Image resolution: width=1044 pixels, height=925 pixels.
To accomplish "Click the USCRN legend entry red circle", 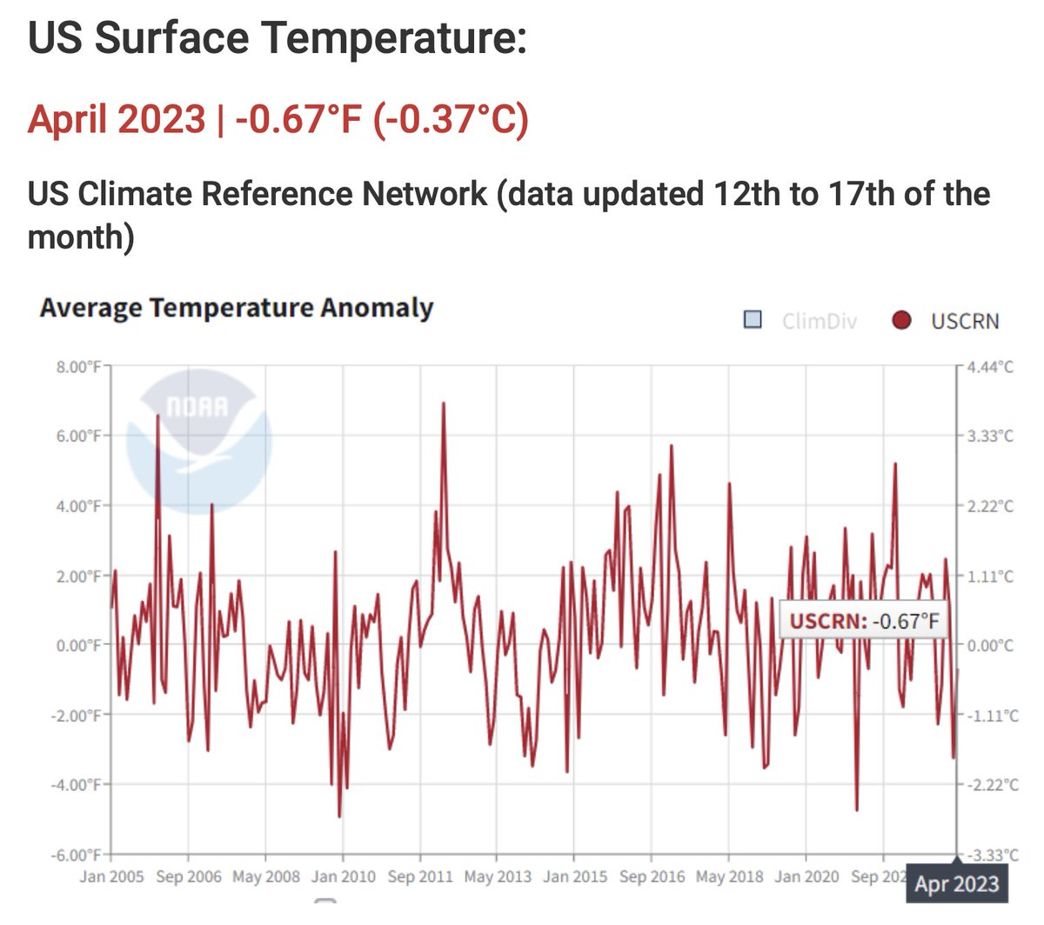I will pos(901,321).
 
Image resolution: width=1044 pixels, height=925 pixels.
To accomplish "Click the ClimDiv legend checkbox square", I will pos(753,320).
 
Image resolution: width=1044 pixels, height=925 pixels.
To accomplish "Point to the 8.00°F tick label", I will pos(79,367).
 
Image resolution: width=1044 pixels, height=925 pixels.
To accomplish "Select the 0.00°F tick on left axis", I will pos(79,645).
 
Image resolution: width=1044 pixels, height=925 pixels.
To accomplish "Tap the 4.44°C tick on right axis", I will pos(990,367).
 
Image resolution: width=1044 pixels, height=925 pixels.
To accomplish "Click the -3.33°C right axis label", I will pos(992,855).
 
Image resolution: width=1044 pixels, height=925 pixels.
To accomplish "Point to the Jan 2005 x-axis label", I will pos(111,876).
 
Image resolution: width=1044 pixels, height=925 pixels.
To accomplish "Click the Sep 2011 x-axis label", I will pos(420,876).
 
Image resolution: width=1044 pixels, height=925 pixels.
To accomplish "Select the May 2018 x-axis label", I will pos(729,876).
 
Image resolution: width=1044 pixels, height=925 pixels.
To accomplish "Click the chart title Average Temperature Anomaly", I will pos(236,309).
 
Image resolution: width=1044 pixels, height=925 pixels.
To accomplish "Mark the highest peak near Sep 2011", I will pos(444,403).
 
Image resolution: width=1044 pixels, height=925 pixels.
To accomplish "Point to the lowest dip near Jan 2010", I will pos(339,815).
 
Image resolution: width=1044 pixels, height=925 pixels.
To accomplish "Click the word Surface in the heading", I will pos(171,39).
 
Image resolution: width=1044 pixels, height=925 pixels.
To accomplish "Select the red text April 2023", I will pos(117,119).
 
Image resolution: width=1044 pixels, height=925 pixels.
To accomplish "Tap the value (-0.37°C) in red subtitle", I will pos(451,119).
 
